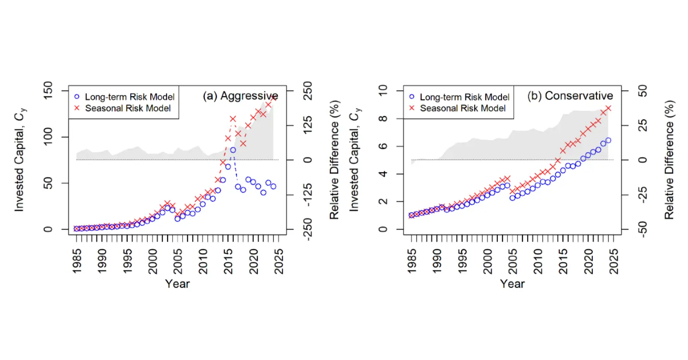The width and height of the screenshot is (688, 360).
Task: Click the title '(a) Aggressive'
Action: [240, 96]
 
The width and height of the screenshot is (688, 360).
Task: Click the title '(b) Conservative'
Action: [570, 96]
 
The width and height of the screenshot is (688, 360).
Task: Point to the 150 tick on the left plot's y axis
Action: [48, 90]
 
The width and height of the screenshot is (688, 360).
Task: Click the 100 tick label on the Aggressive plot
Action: [48, 137]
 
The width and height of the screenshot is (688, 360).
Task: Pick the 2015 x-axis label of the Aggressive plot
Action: [228, 261]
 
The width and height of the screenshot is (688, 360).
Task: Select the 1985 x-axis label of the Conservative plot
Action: [412, 261]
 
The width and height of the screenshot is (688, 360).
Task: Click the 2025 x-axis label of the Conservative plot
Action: [614, 261]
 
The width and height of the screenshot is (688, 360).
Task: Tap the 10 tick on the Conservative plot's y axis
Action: [382, 90]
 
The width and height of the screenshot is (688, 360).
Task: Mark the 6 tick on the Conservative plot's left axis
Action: [382, 146]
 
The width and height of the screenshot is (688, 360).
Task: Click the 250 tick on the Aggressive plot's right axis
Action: [308, 90]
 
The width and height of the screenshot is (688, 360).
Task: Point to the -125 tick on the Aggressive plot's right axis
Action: [308, 195]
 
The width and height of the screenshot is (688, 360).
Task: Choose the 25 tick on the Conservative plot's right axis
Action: [643, 125]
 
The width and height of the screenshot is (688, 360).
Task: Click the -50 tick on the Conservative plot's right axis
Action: [643, 229]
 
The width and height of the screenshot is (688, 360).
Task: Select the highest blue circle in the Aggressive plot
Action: [233, 150]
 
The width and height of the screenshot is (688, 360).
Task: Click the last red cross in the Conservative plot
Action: [608, 108]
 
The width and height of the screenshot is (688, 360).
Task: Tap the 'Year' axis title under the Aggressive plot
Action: [177, 284]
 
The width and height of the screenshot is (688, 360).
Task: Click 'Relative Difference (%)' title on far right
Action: [669, 160]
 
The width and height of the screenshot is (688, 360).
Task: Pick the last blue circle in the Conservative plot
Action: [608, 140]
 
